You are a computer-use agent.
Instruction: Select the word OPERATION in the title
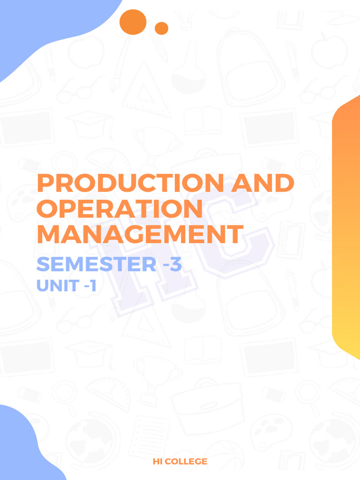point(120,209)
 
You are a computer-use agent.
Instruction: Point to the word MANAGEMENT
point(140,234)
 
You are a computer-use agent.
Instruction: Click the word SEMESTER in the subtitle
point(96,264)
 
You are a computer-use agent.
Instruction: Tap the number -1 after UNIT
point(89,285)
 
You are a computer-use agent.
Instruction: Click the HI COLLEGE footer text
point(180,462)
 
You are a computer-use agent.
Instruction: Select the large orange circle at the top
point(133,22)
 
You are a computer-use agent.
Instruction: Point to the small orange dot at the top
point(161,28)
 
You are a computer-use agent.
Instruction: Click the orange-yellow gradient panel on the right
point(347,225)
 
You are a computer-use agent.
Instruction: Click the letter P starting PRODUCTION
point(46,183)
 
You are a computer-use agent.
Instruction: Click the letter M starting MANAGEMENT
point(48,234)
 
